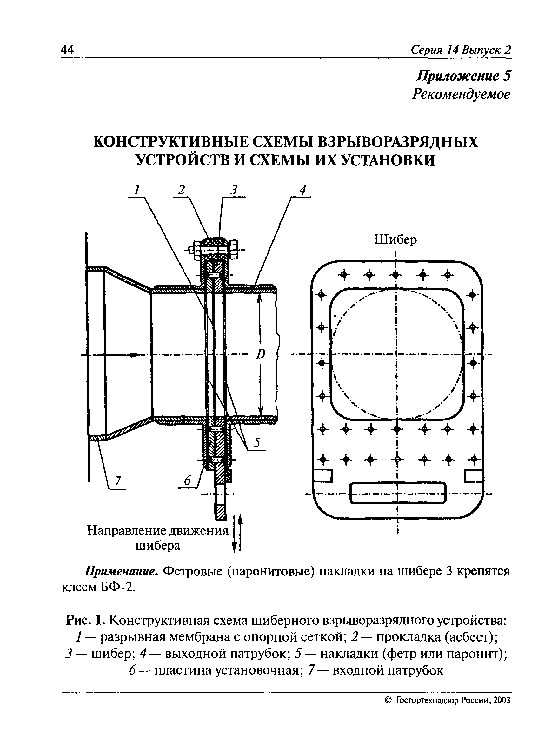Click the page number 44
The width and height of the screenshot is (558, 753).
point(67,50)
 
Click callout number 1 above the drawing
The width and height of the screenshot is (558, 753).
point(137,190)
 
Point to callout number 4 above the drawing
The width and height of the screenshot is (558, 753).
point(302,190)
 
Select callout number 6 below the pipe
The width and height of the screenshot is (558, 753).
point(188,481)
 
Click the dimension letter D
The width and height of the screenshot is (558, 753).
point(260,354)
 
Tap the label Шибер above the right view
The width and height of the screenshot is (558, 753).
point(395,240)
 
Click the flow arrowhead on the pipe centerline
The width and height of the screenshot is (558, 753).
point(135,355)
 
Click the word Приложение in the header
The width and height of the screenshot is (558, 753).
point(458,76)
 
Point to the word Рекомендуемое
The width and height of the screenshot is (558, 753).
point(461,94)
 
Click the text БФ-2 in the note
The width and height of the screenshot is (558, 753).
point(118,588)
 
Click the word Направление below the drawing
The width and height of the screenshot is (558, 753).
point(128,531)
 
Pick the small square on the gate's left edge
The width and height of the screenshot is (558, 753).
point(323,476)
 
